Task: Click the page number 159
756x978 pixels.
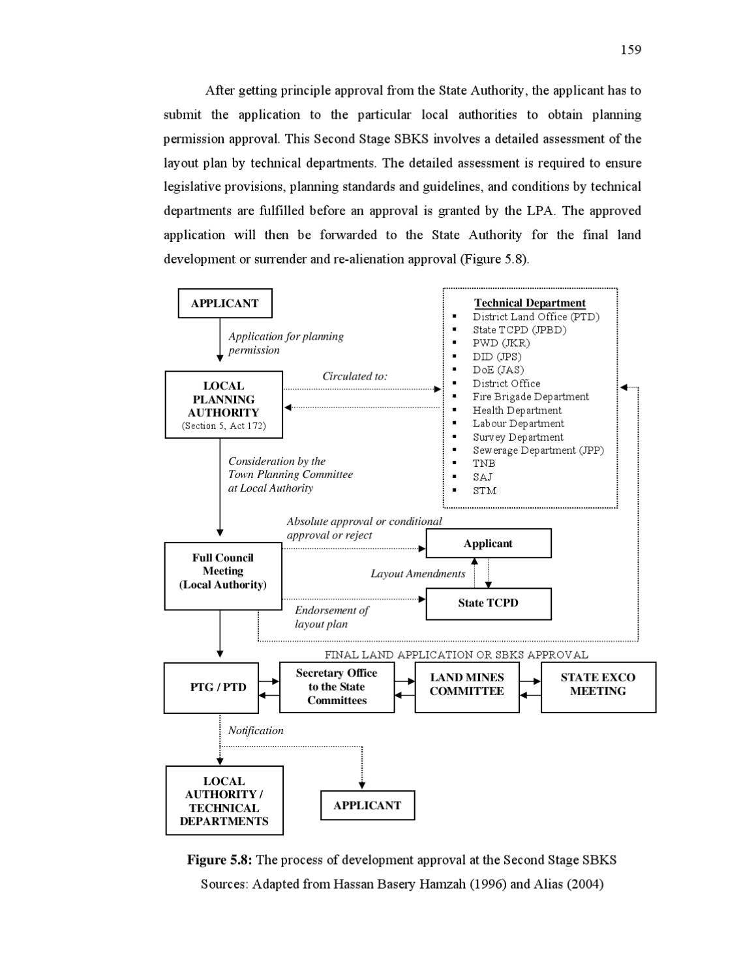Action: tap(630, 50)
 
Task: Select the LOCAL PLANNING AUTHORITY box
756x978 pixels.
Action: tap(224, 404)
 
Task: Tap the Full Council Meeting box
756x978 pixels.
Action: tap(223, 576)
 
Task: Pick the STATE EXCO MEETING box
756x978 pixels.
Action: tap(597, 687)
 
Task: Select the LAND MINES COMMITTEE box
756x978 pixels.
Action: tap(467, 687)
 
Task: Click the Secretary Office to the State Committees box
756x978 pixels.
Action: tap(337, 687)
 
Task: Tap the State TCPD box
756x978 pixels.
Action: tap(488, 604)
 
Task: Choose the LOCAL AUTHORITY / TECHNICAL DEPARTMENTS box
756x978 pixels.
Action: tap(224, 801)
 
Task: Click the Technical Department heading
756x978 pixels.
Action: tap(530, 303)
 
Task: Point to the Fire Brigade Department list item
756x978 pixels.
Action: tap(530, 396)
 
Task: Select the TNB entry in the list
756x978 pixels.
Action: tap(484, 464)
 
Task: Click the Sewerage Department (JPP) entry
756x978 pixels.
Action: tap(538, 450)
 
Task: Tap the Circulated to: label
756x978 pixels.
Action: tap(355, 376)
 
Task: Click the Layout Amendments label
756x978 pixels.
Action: tap(417, 574)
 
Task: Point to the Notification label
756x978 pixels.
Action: tap(256, 730)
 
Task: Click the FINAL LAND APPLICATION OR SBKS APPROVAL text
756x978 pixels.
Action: tap(456, 655)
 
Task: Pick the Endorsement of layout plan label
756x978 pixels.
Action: tap(331, 617)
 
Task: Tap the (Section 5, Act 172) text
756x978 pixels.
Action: tap(224, 426)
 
